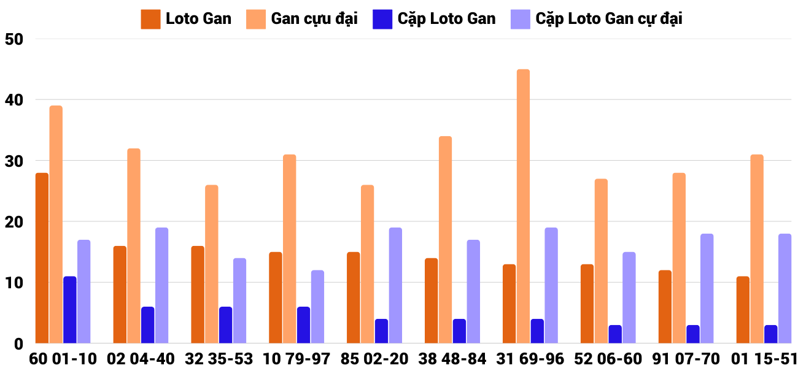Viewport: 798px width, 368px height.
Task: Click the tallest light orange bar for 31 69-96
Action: [x=523, y=206]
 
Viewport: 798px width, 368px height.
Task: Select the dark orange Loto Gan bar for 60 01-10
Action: [x=42, y=258]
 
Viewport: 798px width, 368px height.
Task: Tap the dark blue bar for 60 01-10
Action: [x=70, y=310]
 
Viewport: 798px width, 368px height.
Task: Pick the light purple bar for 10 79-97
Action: [x=317, y=307]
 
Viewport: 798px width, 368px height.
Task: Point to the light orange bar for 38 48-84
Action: [x=445, y=239]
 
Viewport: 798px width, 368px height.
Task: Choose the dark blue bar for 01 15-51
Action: [x=770, y=334]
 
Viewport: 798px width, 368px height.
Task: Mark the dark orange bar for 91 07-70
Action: [x=665, y=307]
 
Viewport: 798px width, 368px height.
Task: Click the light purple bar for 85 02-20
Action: [x=395, y=285]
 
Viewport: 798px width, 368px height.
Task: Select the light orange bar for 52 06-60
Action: [x=601, y=261]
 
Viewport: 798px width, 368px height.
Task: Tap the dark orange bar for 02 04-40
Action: [x=120, y=294]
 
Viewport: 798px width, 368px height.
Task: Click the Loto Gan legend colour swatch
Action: [x=150, y=19]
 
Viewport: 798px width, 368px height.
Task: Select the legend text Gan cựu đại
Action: [x=314, y=19]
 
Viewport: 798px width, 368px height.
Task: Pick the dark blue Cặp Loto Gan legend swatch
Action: [x=382, y=19]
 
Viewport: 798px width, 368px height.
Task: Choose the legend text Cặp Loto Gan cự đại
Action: [x=609, y=19]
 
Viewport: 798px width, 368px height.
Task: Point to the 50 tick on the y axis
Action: [x=13, y=39]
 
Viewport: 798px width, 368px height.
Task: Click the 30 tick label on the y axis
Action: [x=13, y=161]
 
